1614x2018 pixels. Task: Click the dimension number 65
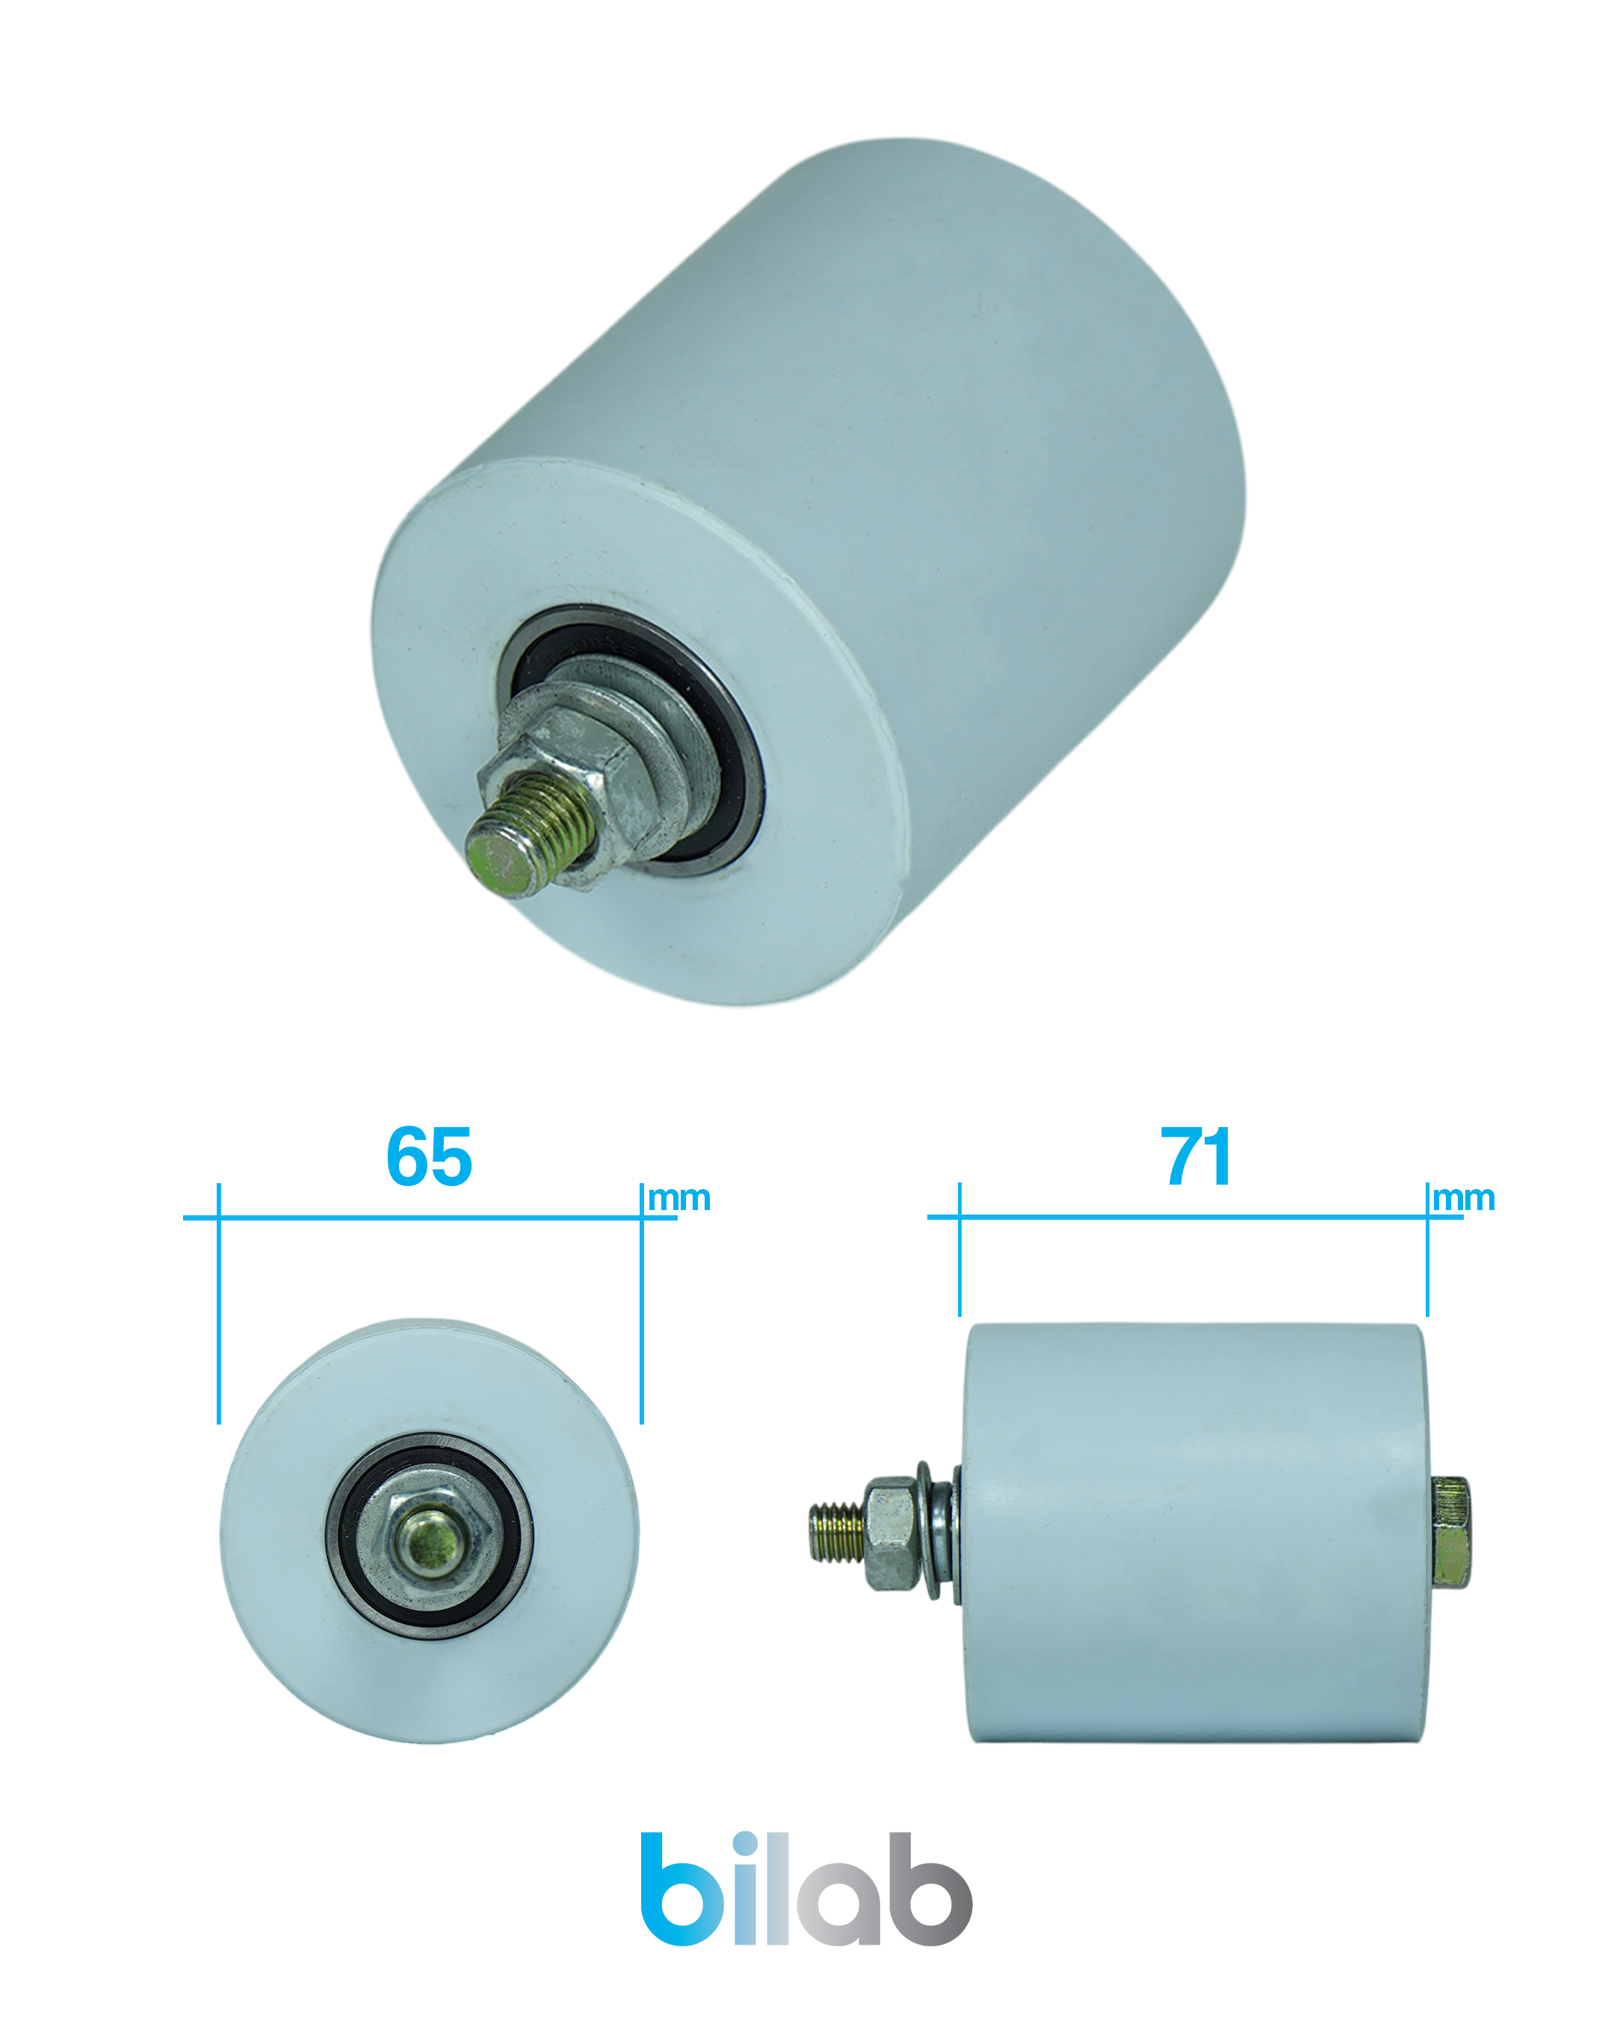(x=430, y=1157)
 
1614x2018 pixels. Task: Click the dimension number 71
(x=1197, y=1157)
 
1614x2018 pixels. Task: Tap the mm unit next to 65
(x=680, y=1199)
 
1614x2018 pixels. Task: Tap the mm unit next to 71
(x=1465, y=1199)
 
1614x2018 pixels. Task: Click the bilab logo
(x=806, y=1889)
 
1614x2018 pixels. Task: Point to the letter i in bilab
(x=747, y=1889)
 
